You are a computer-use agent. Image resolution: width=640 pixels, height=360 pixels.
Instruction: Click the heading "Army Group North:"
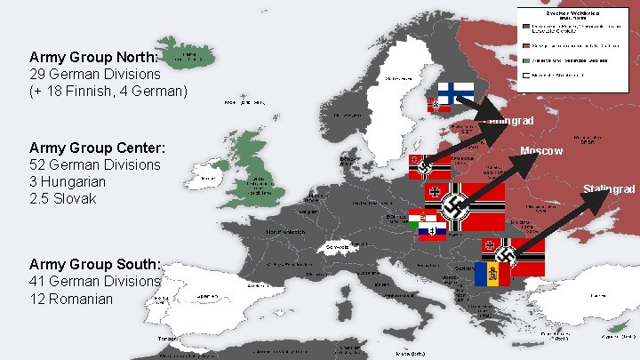point(93,57)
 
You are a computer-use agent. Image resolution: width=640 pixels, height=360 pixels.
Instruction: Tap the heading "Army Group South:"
point(95,264)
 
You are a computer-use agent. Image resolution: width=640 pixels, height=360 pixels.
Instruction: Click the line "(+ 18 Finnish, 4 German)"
point(108,91)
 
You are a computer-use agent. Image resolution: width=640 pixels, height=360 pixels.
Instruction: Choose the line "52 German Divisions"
point(95,164)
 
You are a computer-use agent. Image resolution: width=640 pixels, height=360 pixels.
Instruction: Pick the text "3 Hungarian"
point(68,181)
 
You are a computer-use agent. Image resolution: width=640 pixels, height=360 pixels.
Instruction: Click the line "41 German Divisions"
point(95,281)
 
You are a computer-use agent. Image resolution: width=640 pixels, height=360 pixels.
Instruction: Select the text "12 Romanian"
point(71,299)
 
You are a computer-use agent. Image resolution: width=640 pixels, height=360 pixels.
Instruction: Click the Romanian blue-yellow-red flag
point(492,275)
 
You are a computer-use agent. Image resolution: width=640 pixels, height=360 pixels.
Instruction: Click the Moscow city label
point(541,151)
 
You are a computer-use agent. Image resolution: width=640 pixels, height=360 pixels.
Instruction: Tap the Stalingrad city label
point(609,189)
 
